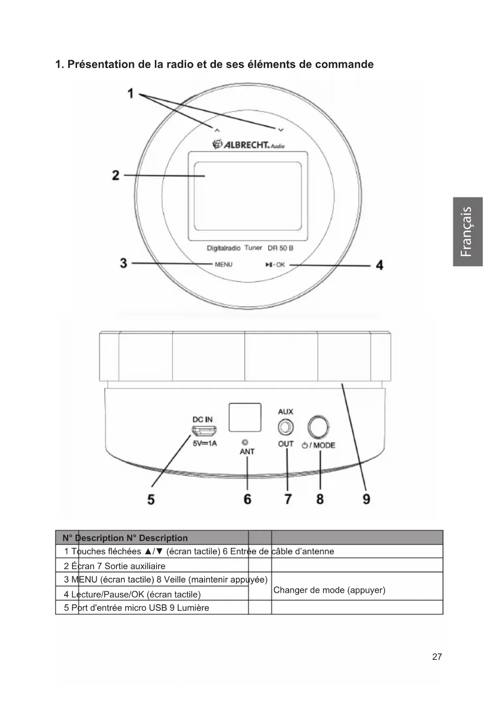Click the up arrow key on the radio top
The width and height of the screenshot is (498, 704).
pos(217,130)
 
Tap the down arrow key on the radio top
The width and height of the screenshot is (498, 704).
pos(281,130)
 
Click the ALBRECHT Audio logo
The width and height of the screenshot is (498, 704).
pos(248,144)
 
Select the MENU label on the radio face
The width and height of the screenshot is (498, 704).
pos(224,265)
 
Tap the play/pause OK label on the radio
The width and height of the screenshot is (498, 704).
pos(275,265)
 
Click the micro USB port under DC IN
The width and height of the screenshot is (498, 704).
pos(204,431)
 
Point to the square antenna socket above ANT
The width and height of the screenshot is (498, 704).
pos(245,417)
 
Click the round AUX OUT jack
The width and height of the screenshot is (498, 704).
pos(285,427)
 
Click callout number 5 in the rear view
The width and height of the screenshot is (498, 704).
pos(151,499)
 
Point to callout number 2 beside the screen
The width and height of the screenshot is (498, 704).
pos(116,175)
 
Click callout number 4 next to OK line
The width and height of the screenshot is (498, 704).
pos(379,265)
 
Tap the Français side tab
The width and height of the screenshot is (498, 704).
pos(468,232)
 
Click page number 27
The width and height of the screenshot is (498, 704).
pos(437,657)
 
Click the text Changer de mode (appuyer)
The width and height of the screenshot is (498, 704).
pos(329,590)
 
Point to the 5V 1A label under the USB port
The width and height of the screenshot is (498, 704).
pos(205,444)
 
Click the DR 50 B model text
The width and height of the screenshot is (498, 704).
pos(281,248)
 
